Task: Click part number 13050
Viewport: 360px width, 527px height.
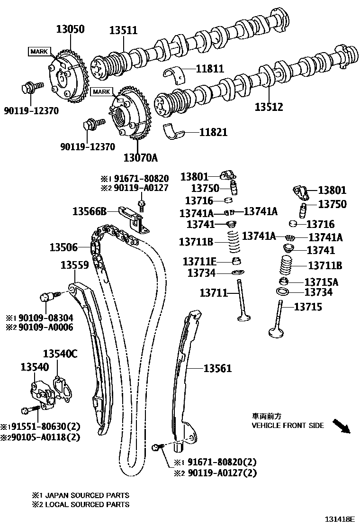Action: tap(71, 29)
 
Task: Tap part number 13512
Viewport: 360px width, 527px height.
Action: tap(269, 107)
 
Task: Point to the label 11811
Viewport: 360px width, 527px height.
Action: tap(208, 69)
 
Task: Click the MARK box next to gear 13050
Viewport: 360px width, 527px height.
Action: tap(39, 51)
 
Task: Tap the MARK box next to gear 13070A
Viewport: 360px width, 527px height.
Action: tap(102, 91)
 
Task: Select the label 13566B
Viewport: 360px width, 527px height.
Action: tap(90, 211)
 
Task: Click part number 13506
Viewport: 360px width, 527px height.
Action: tap(64, 247)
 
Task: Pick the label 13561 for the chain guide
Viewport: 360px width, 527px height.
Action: tap(218, 368)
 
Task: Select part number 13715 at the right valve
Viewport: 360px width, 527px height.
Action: tap(308, 307)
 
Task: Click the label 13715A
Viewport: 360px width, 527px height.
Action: tap(321, 282)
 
